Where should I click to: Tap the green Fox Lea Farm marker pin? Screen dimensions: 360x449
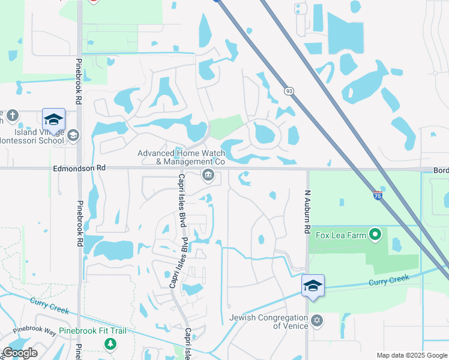(x=376, y=234)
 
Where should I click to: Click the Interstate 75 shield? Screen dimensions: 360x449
(x=377, y=195)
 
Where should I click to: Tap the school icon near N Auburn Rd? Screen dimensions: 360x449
(x=313, y=285)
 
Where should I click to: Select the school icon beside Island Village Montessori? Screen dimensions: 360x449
(x=53, y=119)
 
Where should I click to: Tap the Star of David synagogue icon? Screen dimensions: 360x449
(x=317, y=322)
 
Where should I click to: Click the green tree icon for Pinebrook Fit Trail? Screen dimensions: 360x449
(x=110, y=344)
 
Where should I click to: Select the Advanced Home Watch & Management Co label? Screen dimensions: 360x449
(x=181, y=157)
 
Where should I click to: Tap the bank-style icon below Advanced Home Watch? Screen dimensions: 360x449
(x=208, y=175)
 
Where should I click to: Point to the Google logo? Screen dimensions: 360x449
(x=19, y=353)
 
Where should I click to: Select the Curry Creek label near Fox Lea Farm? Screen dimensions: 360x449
(x=388, y=280)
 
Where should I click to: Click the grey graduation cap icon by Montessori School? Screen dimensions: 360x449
(x=73, y=136)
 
